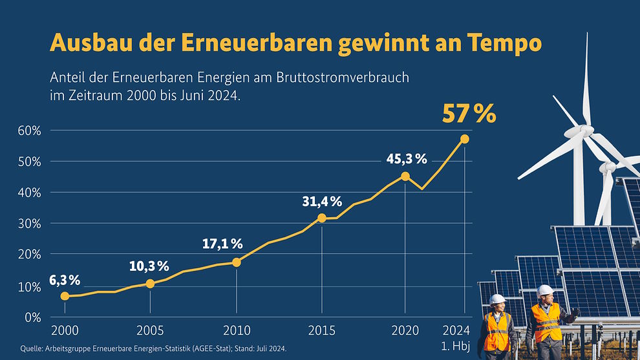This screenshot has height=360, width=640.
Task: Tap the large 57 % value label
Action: coord(469,114)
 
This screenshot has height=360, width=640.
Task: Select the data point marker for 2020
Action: coord(405,176)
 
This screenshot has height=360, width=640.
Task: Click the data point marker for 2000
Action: coord(65,296)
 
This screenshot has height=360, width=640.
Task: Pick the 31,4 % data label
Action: coord(321,201)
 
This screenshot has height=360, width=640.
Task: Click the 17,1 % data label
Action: coord(221,244)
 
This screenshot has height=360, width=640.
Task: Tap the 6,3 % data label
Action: coord(64,280)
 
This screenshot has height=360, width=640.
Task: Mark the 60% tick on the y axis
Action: coord(29,131)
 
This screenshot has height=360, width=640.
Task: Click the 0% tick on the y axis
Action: coord(32,317)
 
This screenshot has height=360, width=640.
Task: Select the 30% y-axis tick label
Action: coord(29,224)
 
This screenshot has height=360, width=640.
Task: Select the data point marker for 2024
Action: coord(465,139)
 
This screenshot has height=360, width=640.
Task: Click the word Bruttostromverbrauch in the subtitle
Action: coord(343,78)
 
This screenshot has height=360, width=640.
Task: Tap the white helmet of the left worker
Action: coord(497,299)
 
